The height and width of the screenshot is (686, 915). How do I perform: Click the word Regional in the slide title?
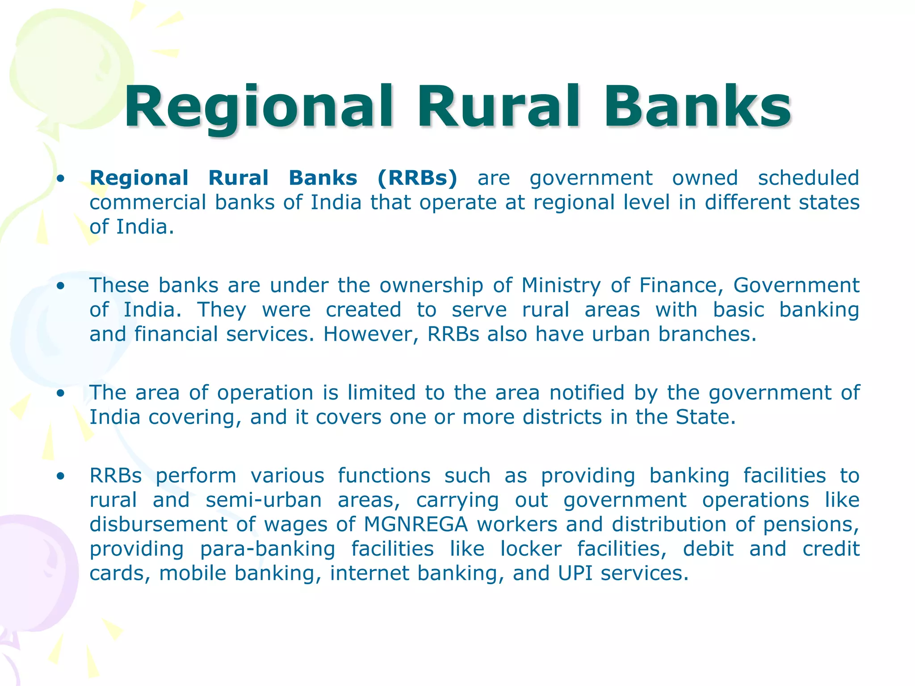(x=259, y=108)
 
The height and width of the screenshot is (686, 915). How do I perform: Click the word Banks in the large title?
(x=697, y=108)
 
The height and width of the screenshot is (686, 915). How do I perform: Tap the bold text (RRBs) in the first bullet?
(x=417, y=178)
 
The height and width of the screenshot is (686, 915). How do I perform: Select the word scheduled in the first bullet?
(x=808, y=178)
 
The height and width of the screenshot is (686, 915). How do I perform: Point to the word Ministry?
(x=561, y=285)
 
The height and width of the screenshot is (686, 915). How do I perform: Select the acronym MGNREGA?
(x=416, y=524)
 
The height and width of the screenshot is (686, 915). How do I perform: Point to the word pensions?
(x=811, y=524)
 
